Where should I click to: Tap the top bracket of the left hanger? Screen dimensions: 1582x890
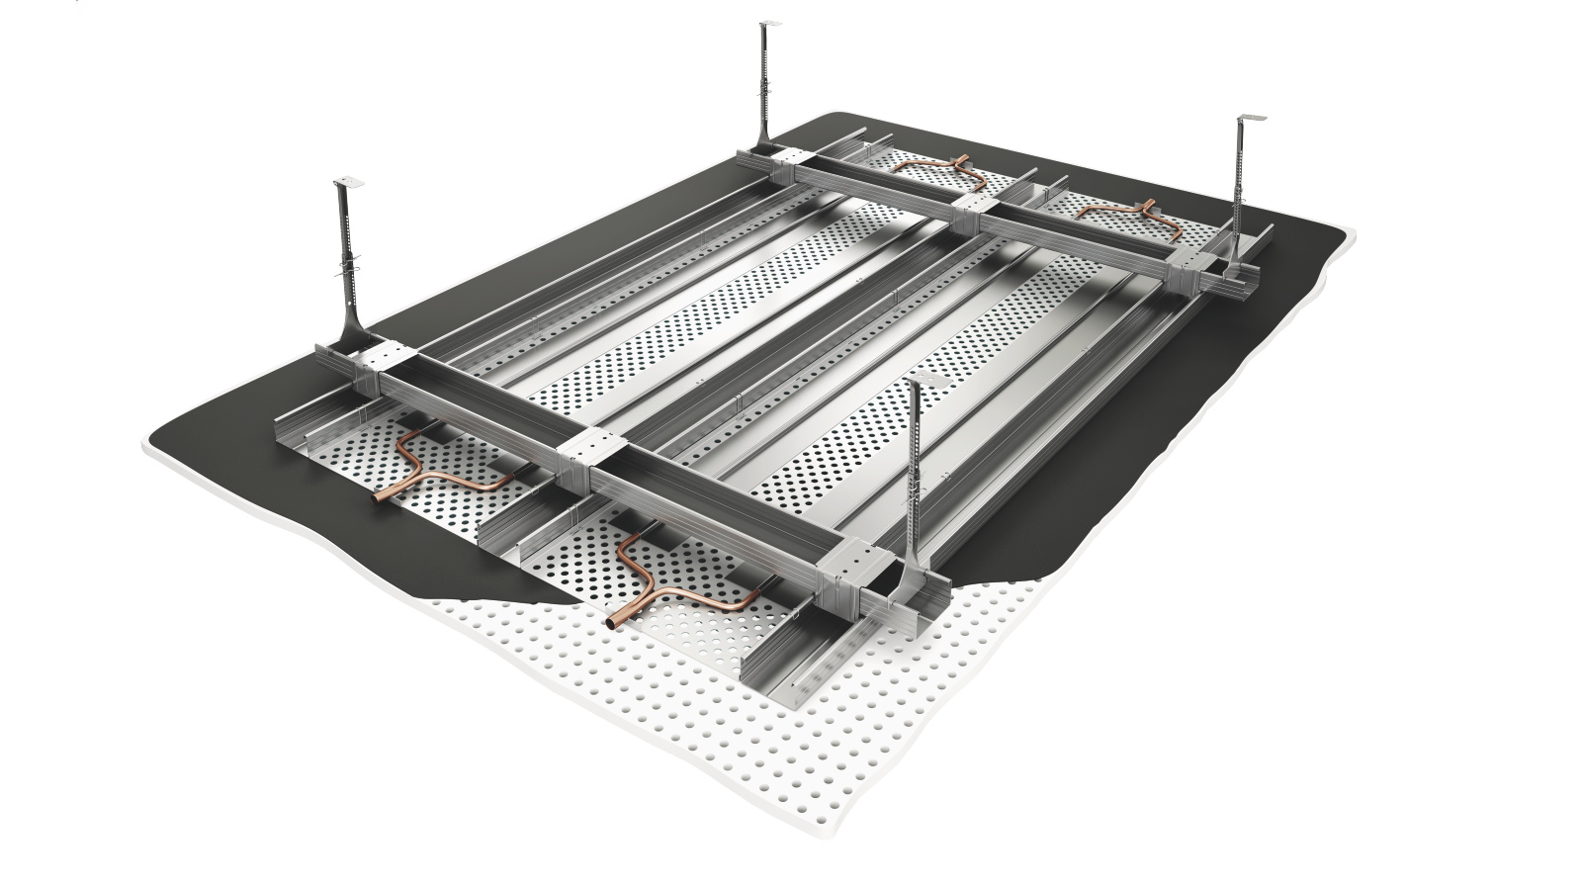pyautogui.click(x=347, y=183)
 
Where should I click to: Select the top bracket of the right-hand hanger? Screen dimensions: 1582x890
pyautogui.click(x=1249, y=120)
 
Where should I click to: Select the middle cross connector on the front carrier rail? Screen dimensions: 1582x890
pyautogui.click(x=592, y=456)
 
